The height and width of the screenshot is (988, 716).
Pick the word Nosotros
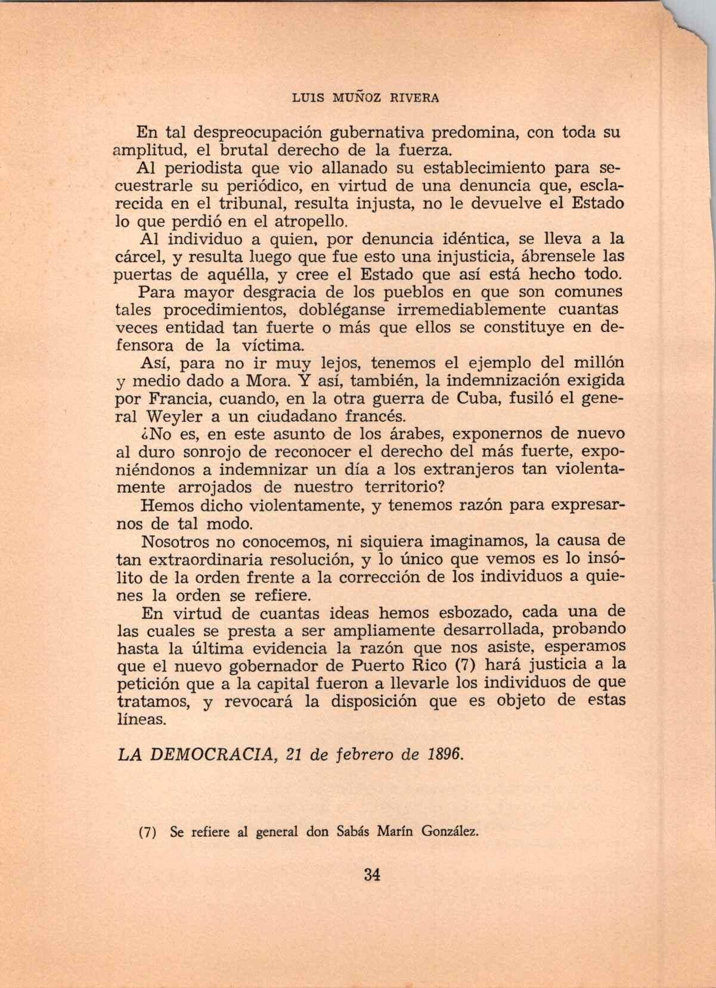[175, 542]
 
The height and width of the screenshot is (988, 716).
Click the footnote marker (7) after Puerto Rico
[463, 664]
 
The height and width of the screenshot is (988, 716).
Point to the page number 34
[371, 875]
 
